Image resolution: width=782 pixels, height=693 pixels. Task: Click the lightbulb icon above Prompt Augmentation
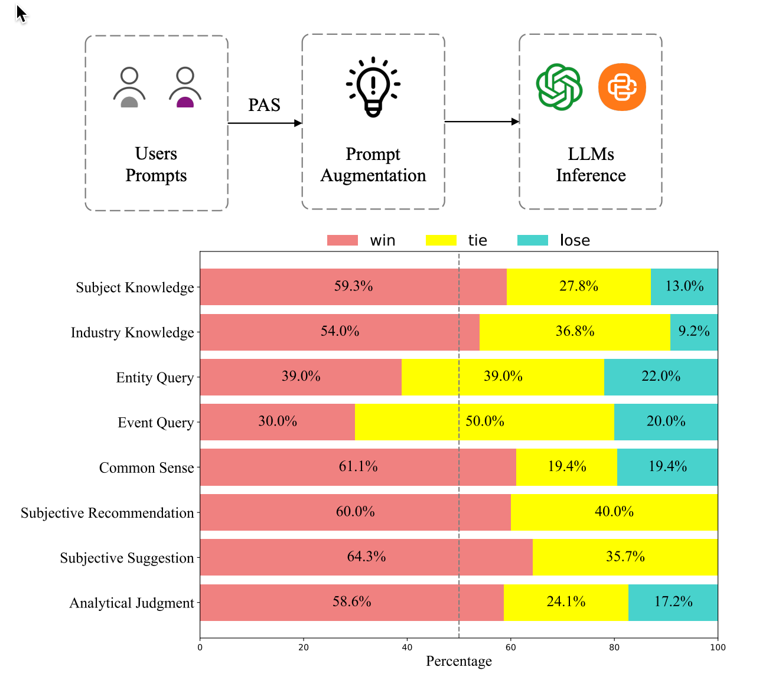(373, 87)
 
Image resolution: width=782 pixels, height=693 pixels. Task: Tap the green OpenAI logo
(559, 87)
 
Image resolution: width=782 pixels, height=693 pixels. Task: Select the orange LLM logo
(622, 87)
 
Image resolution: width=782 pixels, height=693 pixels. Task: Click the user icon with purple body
(185, 87)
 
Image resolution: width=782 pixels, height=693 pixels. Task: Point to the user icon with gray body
(129, 87)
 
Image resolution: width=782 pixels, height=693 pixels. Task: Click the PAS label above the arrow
(264, 105)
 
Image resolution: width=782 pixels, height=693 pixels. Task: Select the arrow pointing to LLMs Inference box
(481, 122)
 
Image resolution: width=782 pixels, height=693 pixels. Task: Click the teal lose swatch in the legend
(532, 240)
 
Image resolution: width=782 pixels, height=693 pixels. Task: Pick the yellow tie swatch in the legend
(441, 240)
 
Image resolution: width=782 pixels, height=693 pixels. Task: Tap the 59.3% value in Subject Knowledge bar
(353, 286)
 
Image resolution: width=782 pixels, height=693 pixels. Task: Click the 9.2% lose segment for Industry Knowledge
(694, 332)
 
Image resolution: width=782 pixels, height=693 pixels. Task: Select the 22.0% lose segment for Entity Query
(661, 377)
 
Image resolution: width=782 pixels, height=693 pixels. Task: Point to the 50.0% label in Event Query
(485, 421)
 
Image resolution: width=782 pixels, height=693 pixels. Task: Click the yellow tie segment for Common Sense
(566, 467)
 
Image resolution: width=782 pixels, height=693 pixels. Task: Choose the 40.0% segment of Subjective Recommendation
(614, 512)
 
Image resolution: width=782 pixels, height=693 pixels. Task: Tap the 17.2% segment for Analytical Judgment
(673, 602)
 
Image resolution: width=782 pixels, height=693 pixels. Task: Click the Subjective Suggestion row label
(127, 558)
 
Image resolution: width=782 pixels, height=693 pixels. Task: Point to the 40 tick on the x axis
(407, 647)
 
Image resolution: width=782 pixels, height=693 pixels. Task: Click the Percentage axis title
(459, 661)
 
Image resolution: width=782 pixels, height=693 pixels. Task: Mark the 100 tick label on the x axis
(718, 647)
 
